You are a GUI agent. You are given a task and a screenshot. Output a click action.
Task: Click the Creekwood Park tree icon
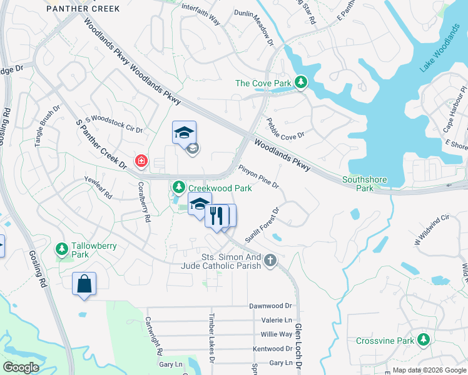(178, 187)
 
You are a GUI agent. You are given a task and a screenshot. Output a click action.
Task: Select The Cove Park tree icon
(301, 82)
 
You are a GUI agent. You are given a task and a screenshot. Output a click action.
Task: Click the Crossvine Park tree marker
(424, 340)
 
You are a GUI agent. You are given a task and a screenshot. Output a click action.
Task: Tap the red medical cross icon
(141, 162)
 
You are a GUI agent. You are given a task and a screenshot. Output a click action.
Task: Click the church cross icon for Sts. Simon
(270, 260)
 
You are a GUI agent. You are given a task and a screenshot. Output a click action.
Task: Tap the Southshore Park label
(365, 184)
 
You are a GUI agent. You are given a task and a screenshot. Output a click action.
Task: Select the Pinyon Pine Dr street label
(258, 177)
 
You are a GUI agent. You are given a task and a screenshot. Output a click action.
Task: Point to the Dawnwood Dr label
(270, 306)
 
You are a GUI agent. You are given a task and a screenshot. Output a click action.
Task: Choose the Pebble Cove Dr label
(285, 128)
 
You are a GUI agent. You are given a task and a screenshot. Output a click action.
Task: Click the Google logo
(21, 367)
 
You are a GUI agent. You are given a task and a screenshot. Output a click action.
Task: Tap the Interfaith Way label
(201, 15)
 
